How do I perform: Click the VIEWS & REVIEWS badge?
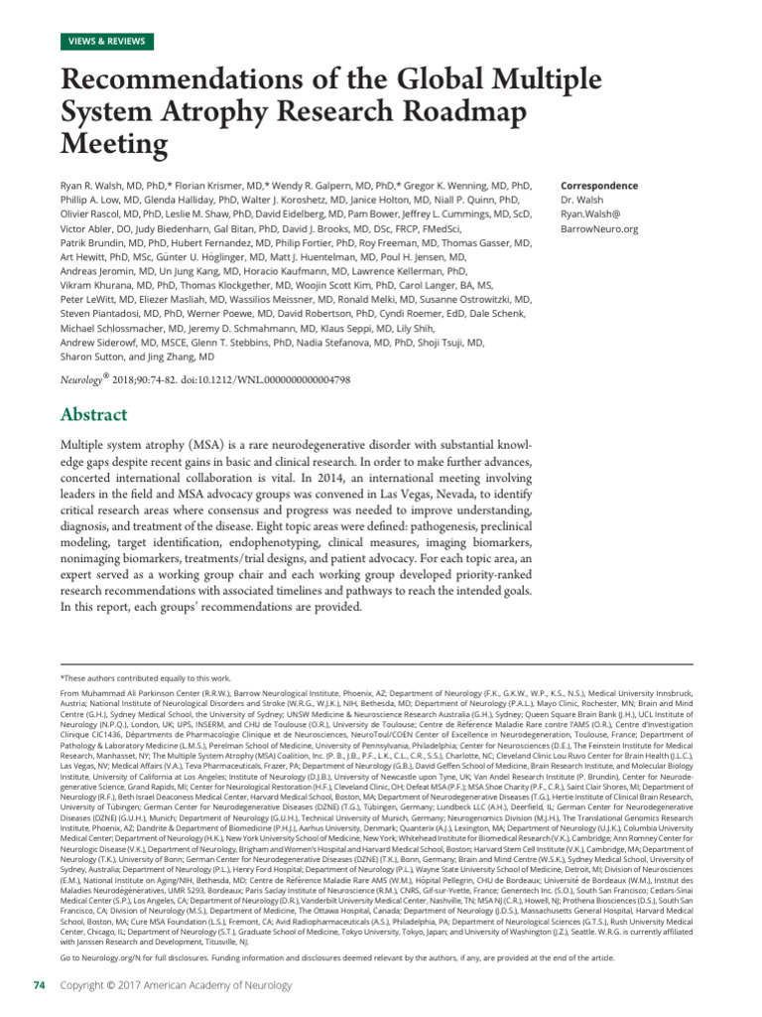point(107,42)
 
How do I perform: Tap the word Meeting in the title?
point(115,145)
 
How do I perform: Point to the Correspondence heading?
point(599,186)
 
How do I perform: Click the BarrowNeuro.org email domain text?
point(599,228)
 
